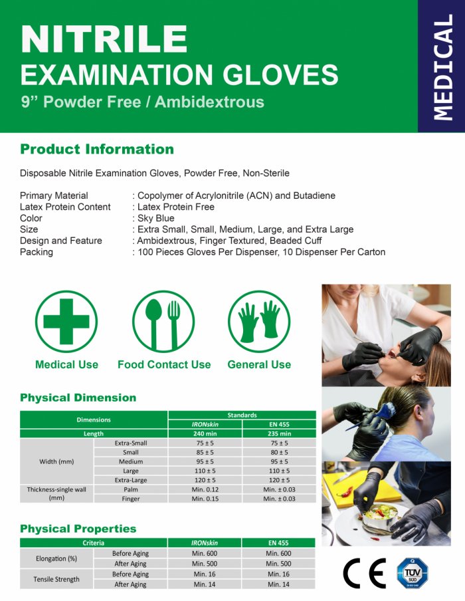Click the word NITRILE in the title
pyautogui.click(x=104, y=39)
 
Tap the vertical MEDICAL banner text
pyautogui.click(x=442, y=67)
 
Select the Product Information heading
pyautogui.click(x=97, y=149)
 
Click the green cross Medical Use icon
pyautogui.click(x=66, y=321)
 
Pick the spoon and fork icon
pyautogui.click(x=163, y=321)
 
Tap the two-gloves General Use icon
pyautogui.click(x=259, y=321)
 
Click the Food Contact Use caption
pyautogui.click(x=164, y=364)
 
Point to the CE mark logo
pyautogui.click(x=364, y=573)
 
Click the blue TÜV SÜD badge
pyautogui.click(x=412, y=573)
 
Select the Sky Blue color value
pyautogui.click(x=156, y=218)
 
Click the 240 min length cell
pyautogui.click(x=205, y=433)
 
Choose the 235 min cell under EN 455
pyautogui.click(x=279, y=433)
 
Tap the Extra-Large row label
pyautogui.click(x=131, y=480)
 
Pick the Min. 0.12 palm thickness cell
pyautogui.click(x=205, y=489)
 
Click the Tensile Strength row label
pyautogui.click(x=56, y=579)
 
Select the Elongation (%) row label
pyautogui.click(x=56, y=558)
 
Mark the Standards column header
pyautogui.click(x=242, y=415)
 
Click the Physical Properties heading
pyautogui.click(x=78, y=529)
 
